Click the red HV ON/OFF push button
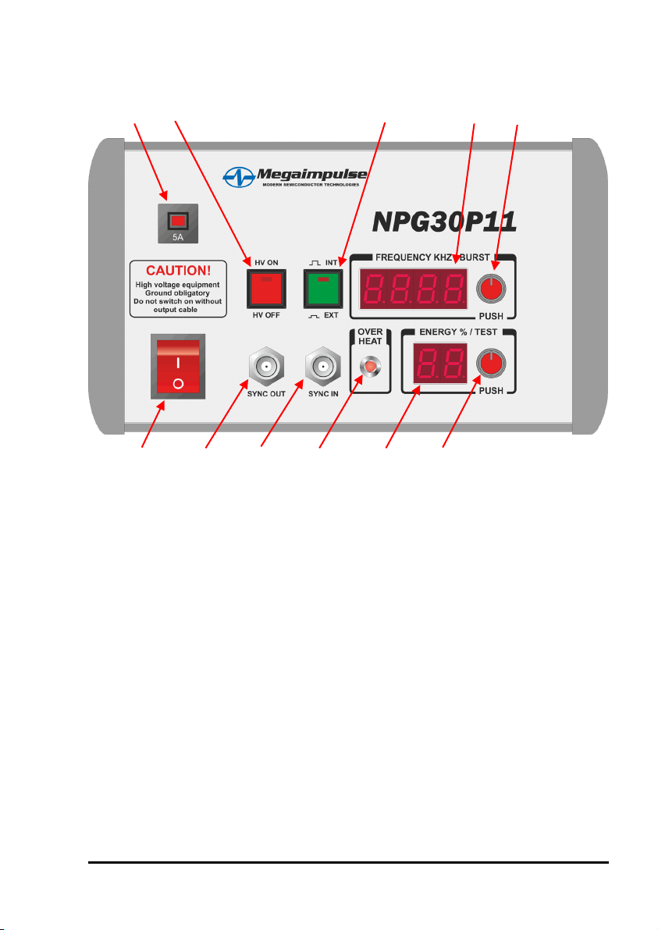266,289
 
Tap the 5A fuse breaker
178,224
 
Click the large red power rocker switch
178,366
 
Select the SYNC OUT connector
266,367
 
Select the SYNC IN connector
323,367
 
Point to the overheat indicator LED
370,366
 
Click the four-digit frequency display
413,289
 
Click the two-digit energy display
440,363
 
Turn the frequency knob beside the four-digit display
491,289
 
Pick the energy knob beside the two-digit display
491,364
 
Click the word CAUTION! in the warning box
179,271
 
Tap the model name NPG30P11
444,222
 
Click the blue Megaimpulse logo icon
239,177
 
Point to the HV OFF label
266,315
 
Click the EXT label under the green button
331,315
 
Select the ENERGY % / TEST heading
458,332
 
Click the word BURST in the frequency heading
475,257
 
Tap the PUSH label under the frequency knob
491,316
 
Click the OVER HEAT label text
370,336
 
